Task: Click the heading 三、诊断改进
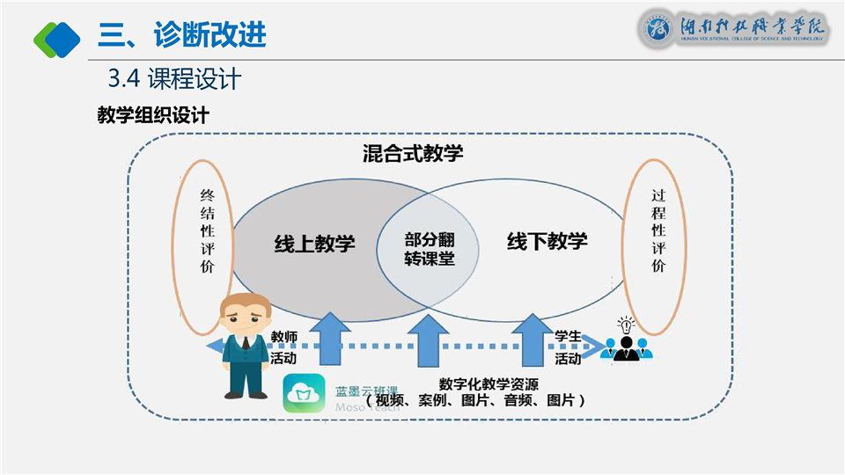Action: (181, 35)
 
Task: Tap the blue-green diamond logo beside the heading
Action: (56, 37)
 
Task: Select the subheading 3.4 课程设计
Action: (174, 79)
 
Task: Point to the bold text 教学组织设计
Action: (152, 115)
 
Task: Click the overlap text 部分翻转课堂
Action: (430, 249)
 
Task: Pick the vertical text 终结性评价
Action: (207, 230)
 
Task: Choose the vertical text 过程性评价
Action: (658, 230)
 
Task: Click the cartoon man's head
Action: (244, 313)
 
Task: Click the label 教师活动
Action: (283, 347)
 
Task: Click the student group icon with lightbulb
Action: (627, 340)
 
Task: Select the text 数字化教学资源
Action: (489, 384)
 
